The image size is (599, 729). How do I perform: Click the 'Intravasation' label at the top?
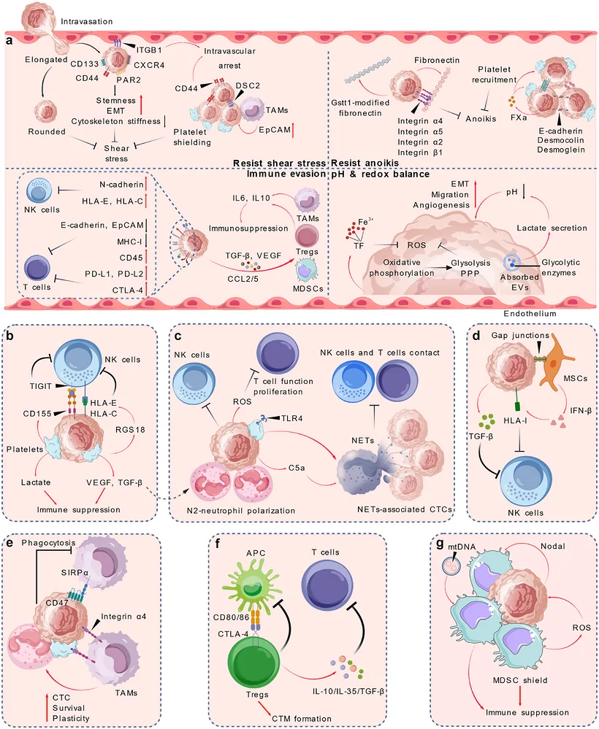pyautogui.click(x=87, y=21)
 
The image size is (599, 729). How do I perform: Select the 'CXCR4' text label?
pyautogui.click(x=149, y=65)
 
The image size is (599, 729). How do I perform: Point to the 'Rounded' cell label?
pyautogui.click(x=47, y=131)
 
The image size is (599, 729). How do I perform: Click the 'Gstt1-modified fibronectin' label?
pyautogui.click(x=360, y=108)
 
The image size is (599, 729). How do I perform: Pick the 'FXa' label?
pyautogui.click(x=519, y=117)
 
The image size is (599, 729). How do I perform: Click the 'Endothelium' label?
pyautogui.click(x=530, y=314)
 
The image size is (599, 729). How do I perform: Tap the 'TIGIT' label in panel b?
pyautogui.click(x=40, y=386)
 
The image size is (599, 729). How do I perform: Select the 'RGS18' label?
pyautogui.click(x=130, y=430)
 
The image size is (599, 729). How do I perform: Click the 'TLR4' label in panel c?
pyautogui.click(x=291, y=418)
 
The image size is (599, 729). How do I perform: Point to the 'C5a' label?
pyautogui.click(x=297, y=468)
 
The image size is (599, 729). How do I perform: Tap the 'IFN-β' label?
pyautogui.click(x=581, y=411)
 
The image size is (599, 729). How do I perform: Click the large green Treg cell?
pyautogui.click(x=254, y=662)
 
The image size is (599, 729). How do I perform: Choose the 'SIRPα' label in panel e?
pyautogui.click(x=75, y=572)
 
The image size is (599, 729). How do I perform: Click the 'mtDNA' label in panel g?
pyautogui.click(x=462, y=547)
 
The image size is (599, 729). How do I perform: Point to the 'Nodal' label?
pyautogui.click(x=553, y=547)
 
